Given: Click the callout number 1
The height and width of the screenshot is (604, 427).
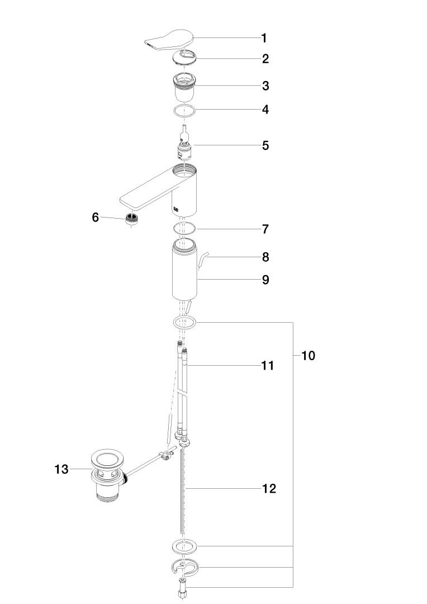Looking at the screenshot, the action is [264, 38].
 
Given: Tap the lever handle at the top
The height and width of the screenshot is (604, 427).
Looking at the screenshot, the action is [169, 40].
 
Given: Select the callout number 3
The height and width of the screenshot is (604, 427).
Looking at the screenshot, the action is [265, 86].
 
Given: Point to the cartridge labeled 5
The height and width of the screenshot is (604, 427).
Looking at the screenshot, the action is [185, 144].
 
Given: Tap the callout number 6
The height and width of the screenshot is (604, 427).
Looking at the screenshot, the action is [95, 217].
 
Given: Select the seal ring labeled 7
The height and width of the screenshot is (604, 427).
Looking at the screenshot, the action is [184, 229].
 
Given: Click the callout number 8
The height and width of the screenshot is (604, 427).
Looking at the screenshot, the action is [265, 257].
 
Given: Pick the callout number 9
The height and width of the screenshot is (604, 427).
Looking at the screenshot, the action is [265, 280].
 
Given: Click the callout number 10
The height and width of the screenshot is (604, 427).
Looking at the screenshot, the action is [307, 356].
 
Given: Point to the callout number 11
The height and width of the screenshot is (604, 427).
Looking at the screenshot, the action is [268, 365].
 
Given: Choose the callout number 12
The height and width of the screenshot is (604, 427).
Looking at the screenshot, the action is [269, 488].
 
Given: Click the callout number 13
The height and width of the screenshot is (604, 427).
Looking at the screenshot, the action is [61, 469].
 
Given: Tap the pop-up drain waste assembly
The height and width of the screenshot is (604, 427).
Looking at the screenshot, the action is [108, 476].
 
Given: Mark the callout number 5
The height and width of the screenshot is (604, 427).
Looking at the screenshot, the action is [265, 145].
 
